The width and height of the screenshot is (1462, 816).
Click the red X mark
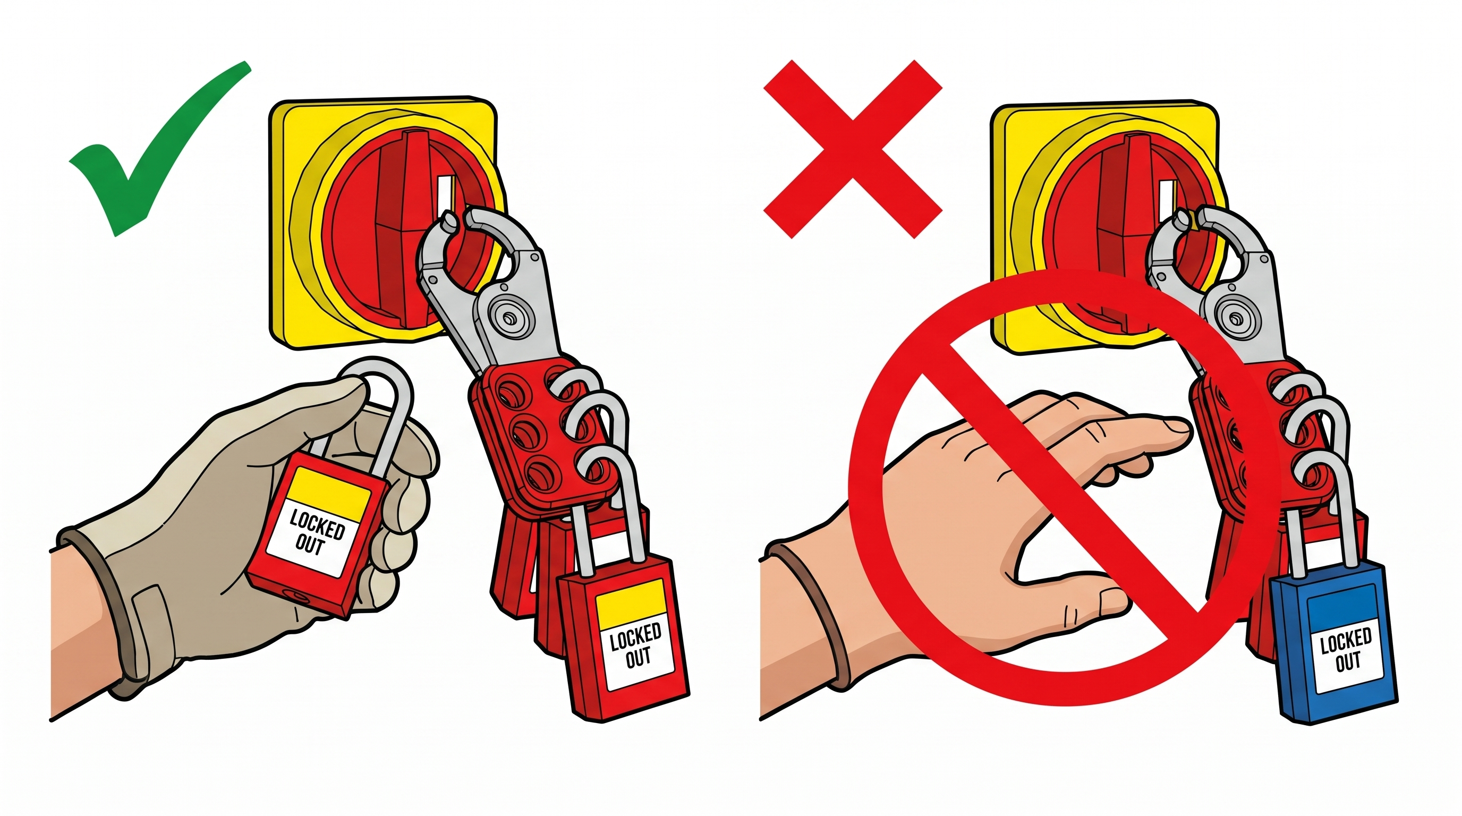pos(853,149)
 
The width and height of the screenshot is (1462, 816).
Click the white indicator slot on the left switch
pos(447,196)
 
